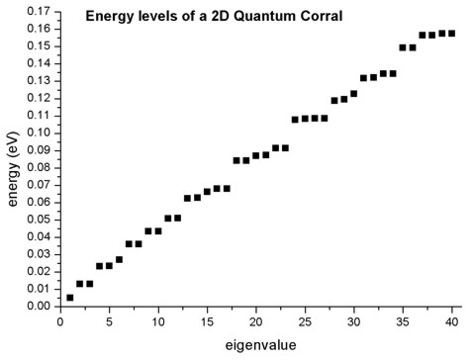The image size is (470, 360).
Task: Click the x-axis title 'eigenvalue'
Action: (x=256, y=347)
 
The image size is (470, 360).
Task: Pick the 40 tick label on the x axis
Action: (x=452, y=321)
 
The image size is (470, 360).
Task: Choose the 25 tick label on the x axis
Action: (x=305, y=321)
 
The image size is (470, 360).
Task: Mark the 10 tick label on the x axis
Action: (x=157, y=321)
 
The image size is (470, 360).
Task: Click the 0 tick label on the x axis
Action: (x=59, y=321)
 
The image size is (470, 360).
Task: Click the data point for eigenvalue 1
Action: (x=69, y=297)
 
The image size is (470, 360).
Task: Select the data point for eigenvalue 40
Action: (x=452, y=34)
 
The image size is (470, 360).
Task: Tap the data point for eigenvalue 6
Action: (x=119, y=259)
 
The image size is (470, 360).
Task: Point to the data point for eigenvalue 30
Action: (x=353, y=94)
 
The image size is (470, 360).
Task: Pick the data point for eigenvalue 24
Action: (x=295, y=120)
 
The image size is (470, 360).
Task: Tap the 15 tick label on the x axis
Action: (x=207, y=321)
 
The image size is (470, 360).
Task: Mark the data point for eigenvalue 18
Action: (x=236, y=160)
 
